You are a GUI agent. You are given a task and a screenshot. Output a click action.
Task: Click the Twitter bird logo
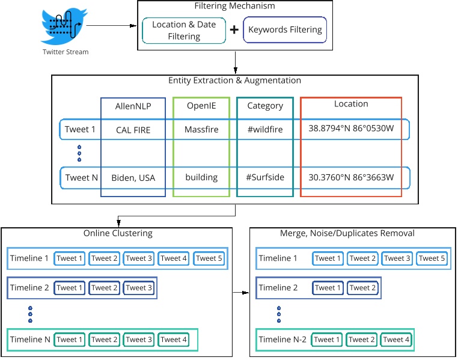pos(64,26)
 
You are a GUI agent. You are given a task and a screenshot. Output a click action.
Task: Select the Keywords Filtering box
pos(285,29)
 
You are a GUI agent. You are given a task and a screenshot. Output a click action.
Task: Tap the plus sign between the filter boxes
pos(234,29)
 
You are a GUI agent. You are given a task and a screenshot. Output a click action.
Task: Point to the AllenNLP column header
pos(133,106)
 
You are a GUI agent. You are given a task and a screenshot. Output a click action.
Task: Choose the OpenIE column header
pos(201,106)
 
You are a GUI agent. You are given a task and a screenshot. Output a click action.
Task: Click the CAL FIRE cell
pos(133,129)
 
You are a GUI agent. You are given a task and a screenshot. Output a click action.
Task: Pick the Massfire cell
pos(201,129)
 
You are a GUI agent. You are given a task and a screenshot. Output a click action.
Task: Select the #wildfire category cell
pos(265,129)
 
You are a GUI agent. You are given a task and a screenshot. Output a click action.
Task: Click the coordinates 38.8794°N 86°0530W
pos(351,129)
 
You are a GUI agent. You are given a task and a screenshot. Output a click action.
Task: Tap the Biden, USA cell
pos(133,177)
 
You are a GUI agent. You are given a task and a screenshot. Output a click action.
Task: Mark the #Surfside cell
pos(265,177)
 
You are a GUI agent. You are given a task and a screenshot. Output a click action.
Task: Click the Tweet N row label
pos(81,177)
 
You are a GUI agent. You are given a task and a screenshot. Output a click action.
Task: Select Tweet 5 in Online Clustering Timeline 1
pos(209,258)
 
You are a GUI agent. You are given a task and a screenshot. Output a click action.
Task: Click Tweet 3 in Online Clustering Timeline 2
pos(139,288)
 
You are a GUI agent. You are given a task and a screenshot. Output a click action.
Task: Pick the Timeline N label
pos(30,340)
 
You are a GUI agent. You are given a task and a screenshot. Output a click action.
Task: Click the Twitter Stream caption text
pos(66,52)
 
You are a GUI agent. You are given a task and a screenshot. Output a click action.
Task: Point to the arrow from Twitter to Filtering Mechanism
pos(111,26)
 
